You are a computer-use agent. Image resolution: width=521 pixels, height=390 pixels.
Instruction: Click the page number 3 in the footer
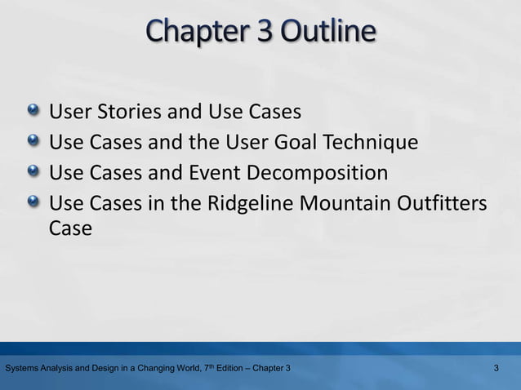click(x=497, y=370)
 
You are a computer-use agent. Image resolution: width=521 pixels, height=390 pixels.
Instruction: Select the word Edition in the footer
click(x=224, y=370)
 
